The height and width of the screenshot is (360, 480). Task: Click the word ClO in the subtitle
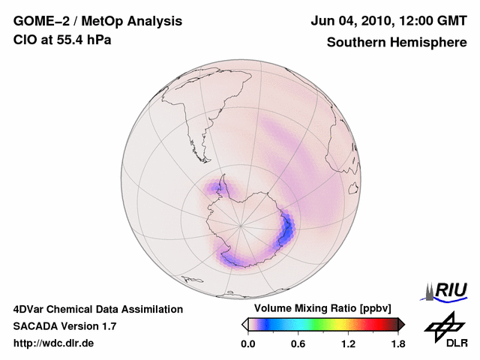coord(24,40)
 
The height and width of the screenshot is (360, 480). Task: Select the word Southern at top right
coord(354,42)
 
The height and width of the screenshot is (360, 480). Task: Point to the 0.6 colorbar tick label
coord(298,343)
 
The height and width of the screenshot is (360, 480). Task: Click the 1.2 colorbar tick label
coord(348,343)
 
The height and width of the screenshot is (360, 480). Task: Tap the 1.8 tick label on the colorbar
coord(398,343)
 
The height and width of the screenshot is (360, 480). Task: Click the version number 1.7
coord(107,326)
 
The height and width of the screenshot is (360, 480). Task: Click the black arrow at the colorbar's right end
coord(401,324)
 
